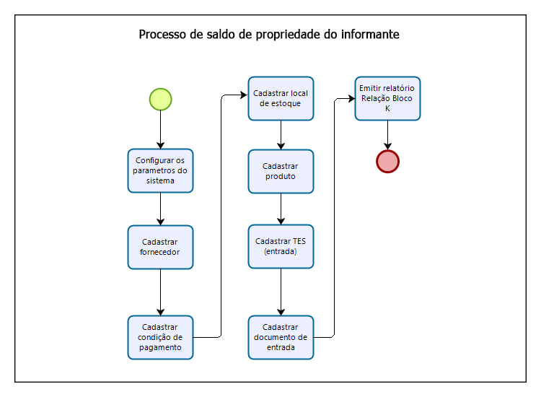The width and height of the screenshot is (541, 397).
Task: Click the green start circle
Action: click(160, 99)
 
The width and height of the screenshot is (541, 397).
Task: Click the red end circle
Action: click(387, 161)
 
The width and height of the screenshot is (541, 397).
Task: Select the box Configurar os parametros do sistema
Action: click(160, 171)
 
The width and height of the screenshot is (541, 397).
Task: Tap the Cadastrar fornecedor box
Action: click(160, 247)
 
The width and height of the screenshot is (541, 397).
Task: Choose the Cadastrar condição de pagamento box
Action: click(160, 337)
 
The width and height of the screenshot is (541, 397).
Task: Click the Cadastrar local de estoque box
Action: click(281, 99)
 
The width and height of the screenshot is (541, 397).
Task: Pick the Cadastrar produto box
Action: click(281, 171)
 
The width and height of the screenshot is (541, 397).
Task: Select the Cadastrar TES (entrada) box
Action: click(281, 247)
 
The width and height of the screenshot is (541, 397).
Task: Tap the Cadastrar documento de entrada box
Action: click(281, 337)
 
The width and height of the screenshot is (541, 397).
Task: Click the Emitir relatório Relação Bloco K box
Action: click(387, 99)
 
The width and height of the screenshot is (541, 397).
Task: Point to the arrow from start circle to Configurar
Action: click(160, 130)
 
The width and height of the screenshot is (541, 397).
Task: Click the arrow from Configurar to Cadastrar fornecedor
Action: click(160, 209)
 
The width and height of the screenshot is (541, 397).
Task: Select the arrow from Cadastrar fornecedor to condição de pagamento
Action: click(160, 292)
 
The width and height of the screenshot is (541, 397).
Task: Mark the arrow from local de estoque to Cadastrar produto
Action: click(281, 135)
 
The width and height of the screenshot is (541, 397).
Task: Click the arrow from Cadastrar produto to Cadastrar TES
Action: click(281, 209)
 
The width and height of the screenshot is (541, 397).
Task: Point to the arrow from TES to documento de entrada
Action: click(281, 292)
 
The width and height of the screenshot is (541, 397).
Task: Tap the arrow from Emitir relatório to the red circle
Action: click(387, 135)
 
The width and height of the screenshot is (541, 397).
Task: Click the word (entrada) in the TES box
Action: click(281, 252)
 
